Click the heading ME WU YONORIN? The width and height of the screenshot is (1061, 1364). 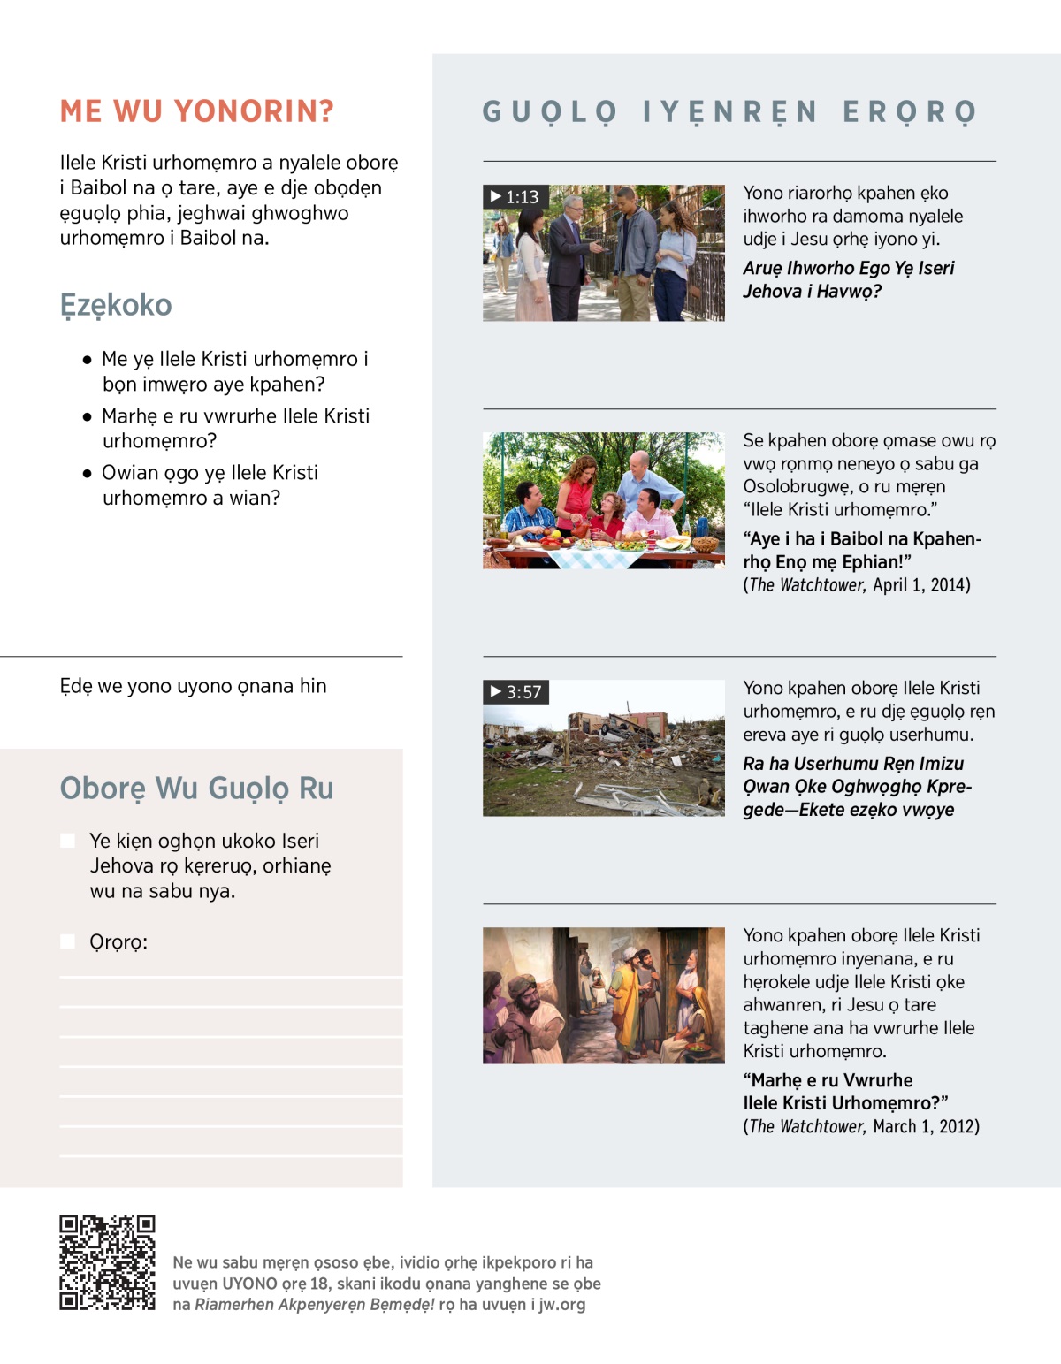click(196, 111)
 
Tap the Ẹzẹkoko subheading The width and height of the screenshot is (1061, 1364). click(116, 305)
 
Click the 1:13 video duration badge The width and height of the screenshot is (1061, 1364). click(515, 196)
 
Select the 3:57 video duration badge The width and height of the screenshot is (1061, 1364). click(515, 691)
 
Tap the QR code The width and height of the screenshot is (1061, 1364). click(107, 1262)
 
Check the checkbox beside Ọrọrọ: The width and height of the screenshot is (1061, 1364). click(67, 941)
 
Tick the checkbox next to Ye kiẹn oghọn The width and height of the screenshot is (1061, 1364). click(67, 841)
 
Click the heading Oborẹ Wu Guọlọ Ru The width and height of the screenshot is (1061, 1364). click(196, 788)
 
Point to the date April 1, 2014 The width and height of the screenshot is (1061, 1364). click(920, 585)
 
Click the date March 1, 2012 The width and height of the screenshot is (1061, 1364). click(926, 1126)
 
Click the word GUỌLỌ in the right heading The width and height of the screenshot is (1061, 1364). click(549, 112)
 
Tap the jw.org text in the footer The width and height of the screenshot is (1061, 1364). click(561, 1305)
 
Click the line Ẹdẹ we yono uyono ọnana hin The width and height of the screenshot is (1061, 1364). click(193, 686)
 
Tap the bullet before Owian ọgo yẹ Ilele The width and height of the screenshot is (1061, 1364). click(87, 473)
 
